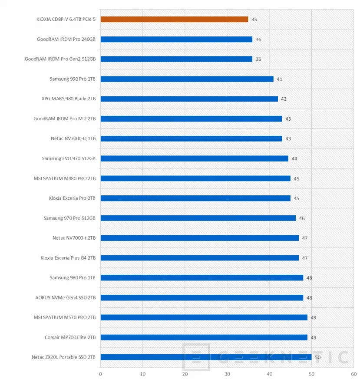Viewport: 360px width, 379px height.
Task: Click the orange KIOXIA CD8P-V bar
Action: tap(174, 20)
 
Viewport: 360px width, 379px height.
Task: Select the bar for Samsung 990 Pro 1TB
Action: tap(187, 79)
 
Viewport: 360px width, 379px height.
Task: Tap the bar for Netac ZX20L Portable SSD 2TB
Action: tap(205, 357)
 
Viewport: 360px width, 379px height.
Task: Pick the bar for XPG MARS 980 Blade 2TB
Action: tap(189, 99)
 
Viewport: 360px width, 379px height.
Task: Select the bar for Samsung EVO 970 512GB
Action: tap(194, 158)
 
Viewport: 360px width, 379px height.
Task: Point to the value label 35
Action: tap(254, 20)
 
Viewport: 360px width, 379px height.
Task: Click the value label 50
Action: tap(317, 357)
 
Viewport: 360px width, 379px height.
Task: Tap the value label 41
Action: tap(279, 79)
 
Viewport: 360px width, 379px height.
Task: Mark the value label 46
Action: tap(301, 218)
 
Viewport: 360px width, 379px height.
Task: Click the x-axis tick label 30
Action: tap(227, 373)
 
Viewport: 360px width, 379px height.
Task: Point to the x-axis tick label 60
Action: tap(353, 373)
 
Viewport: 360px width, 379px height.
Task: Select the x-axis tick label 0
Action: tap(100, 373)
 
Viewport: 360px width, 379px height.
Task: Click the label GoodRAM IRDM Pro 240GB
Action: tap(66, 39)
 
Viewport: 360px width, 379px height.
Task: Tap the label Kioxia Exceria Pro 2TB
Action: tap(72, 198)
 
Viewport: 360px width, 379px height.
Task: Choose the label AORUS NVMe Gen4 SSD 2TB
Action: tap(65, 297)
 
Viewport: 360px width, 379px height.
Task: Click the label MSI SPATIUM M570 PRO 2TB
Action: tap(64, 317)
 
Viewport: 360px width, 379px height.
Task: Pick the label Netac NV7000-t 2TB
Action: tap(74, 238)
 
